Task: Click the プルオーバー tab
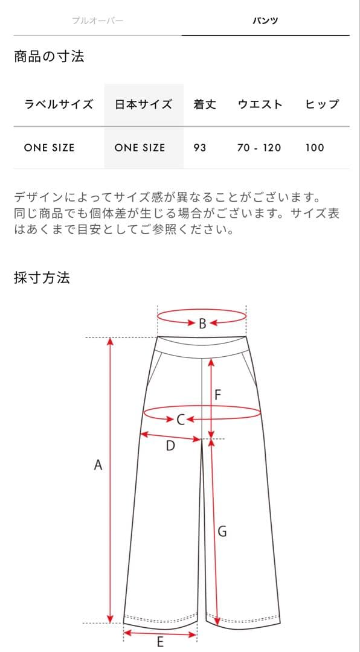click(98, 21)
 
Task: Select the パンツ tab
click(265, 21)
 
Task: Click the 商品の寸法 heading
click(49, 56)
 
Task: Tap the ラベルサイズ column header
click(59, 104)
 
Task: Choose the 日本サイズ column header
click(144, 104)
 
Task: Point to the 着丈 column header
click(205, 104)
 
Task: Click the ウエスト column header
click(260, 104)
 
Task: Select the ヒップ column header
click(322, 104)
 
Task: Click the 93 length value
click(200, 148)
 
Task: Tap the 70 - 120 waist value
click(259, 148)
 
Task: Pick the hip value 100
click(315, 148)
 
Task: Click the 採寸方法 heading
click(42, 277)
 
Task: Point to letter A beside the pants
click(98, 465)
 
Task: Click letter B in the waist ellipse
click(202, 323)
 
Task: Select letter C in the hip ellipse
click(180, 420)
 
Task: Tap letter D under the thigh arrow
click(170, 446)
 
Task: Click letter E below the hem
click(160, 642)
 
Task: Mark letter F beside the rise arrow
click(217, 395)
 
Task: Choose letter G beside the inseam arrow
click(222, 531)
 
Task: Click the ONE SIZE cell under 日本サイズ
click(140, 148)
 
